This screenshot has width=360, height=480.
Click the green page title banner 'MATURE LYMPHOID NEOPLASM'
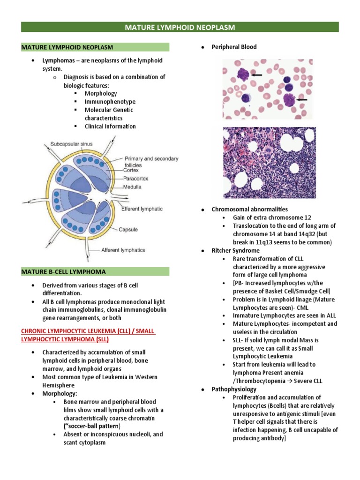point(180,27)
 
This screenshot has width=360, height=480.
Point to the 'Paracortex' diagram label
point(137,179)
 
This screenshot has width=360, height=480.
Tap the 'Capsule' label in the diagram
point(128,230)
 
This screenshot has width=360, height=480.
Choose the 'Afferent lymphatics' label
point(123,250)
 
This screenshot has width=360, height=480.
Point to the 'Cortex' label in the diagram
point(134,171)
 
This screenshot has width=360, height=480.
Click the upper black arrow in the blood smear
point(256,75)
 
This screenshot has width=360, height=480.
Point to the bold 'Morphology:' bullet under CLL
point(60,393)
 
